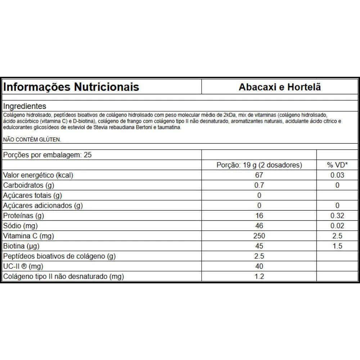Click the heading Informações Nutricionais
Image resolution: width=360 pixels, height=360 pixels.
[71, 87]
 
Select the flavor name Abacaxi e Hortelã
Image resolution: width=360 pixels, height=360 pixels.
[280, 87]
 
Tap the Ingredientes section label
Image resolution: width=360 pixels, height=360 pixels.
[25, 106]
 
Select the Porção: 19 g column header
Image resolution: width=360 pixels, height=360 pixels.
[259, 165]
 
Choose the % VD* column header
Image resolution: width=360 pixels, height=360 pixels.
[337, 165]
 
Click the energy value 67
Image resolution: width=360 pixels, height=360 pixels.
[259, 175]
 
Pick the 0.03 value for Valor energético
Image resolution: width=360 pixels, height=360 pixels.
[337, 175]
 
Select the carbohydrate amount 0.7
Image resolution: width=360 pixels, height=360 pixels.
[259, 185]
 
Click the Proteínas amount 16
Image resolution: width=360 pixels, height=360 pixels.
[259, 216]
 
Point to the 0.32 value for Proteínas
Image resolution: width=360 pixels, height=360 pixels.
[337, 216]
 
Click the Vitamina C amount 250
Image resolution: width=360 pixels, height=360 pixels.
[259, 236]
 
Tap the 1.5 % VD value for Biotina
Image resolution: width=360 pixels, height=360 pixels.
[337, 246]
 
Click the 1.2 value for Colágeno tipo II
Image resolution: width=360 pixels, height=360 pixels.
[259, 277]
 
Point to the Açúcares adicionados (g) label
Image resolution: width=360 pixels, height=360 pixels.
[43, 206]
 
